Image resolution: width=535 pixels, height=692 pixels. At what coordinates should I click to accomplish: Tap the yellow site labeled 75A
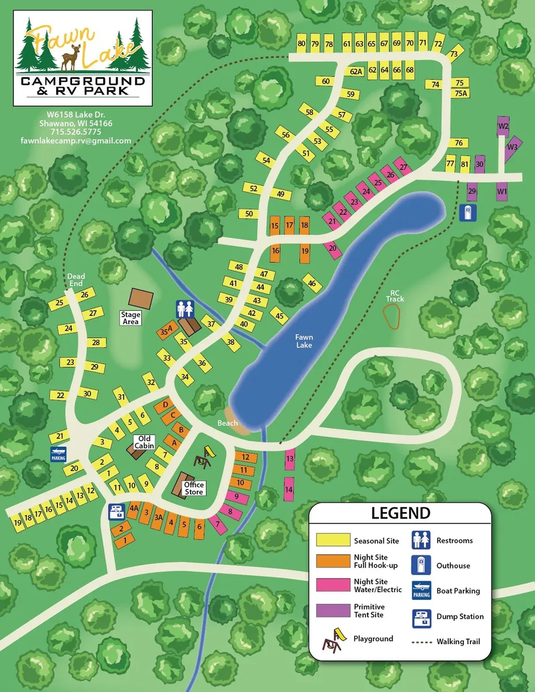click(x=460, y=93)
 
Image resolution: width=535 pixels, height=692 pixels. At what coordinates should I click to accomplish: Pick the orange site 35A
click(x=166, y=330)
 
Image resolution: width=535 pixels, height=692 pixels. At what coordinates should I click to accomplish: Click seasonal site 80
click(x=301, y=44)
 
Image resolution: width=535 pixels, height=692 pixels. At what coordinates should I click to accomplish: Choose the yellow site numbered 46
click(x=312, y=283)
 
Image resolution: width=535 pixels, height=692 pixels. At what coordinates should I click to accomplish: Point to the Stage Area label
click(x=130, y=318)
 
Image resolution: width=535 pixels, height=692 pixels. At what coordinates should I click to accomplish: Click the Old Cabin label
click(x=143, y=442)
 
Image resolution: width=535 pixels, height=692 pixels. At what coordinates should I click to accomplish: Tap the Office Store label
click(x=193, y=488)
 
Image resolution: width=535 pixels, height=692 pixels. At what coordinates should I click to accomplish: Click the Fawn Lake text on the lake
click(x=304, y=341)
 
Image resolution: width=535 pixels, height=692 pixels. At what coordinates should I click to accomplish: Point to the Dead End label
click(x=76, y=280)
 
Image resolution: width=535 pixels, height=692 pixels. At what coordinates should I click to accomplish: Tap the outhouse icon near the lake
click(x=468, y=213)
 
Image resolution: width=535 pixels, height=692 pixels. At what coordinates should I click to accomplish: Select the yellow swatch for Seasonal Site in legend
click(x=333, y=540)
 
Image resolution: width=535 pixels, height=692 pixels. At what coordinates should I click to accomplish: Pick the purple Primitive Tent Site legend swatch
click(x=333, y=611)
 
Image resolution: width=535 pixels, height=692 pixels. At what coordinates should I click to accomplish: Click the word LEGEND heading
click(x=400, y=513)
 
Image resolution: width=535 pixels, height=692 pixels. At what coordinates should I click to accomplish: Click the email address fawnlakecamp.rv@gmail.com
click(x=76, y=141)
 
